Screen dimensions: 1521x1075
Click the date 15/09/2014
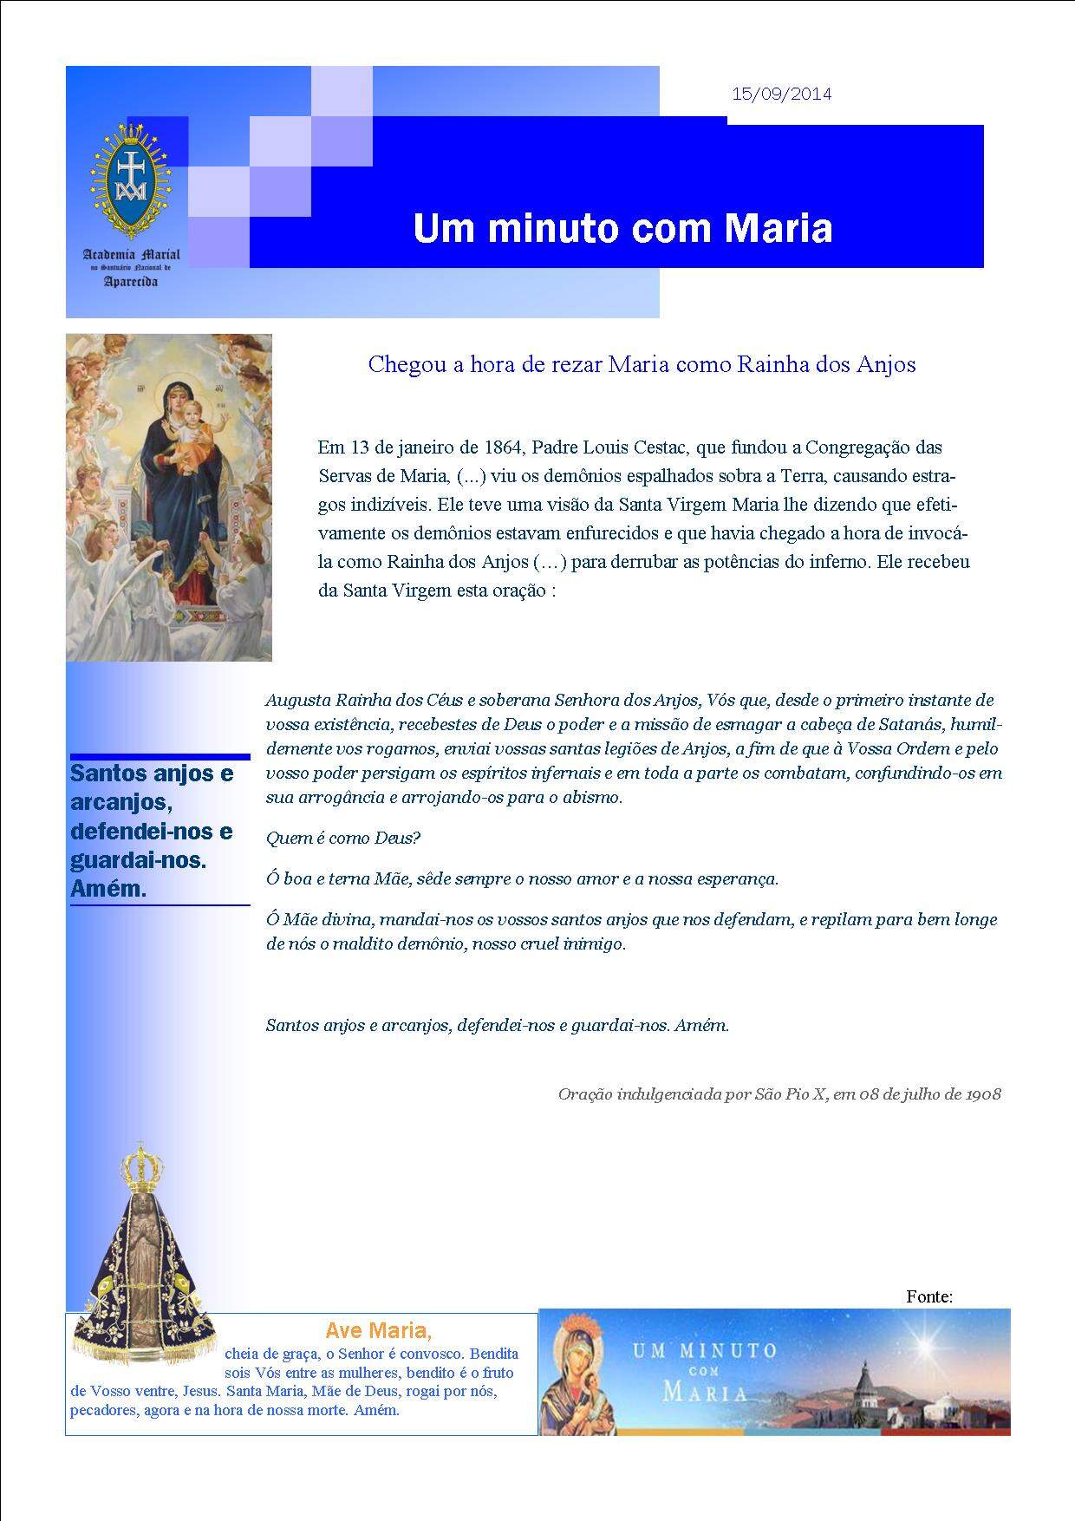(x=781, y=95)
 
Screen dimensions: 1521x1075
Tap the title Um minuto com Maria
(x=622, y=229)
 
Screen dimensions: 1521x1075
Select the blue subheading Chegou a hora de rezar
(x=642, y=364)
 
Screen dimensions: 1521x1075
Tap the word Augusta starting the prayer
(x=298, y=700)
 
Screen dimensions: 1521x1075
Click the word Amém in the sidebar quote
(x=108, y=889)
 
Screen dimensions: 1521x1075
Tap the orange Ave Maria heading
(x=378, y=1330)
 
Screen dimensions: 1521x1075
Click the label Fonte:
(x=929, y=1296)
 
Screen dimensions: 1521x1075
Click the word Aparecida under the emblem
(x=131, y=283)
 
